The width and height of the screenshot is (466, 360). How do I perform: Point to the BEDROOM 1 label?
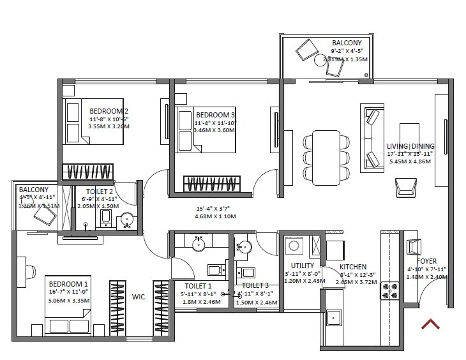click(x=68, y=283)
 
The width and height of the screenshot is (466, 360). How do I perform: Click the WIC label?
click(x=139, y=297)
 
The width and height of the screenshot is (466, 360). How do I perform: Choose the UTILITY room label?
click(x=302, y=266)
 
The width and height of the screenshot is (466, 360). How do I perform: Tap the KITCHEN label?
click(x=352, y=266)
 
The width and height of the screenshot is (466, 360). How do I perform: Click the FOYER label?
click(x=427, y=261)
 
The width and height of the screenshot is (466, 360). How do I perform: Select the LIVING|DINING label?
click(x=409, y=146)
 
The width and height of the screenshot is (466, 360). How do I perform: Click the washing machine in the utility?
click(x=295, y=246)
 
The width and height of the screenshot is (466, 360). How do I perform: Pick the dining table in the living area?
click(x=326, y=156)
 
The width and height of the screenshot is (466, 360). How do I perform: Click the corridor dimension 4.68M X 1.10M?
click(x=216, y=216)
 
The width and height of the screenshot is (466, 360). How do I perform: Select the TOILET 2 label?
click(x=100, y=191)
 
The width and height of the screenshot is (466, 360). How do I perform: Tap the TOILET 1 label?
click(x=197, y=285)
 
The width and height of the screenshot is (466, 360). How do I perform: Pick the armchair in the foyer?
click(x=413, y=246)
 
